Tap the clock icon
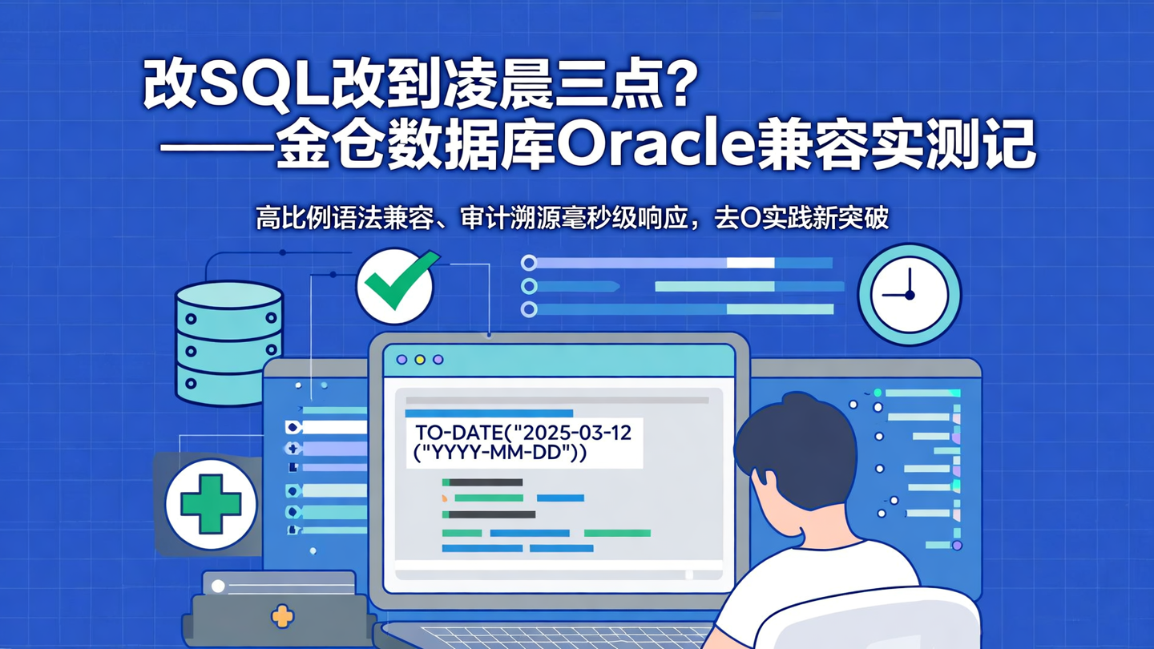click(x=909, y=294)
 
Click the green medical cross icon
click(x=211, y=504)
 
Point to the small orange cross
click(x=282, y=615)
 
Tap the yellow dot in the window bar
click(x=420, y=360)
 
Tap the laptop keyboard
click(x=561, y=636)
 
